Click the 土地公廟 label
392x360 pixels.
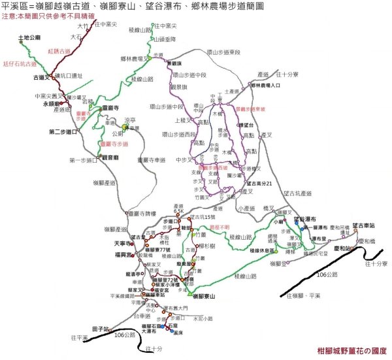(x=30, y=39)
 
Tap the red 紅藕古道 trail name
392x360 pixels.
(x=59, y=50)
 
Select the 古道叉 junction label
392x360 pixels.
(x=40, y=77)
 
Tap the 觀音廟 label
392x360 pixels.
(x=109, y=157)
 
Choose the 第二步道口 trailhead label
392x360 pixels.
(x=62, y=132)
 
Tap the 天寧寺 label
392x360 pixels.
(x=114, y=242)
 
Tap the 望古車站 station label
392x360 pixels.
(x=363, y=225)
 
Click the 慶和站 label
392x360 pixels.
(x=343, y=249)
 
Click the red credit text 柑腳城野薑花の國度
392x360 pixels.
(x=353, y=350)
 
